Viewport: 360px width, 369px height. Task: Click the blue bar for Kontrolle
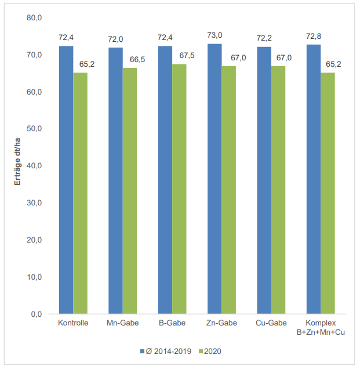click(x=66, y=180)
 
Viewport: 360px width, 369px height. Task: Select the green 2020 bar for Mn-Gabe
click(x=130, y=191)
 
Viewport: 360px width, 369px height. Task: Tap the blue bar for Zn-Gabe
click(x=214, y=179)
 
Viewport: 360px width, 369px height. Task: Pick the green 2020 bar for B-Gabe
click(x=179, y=189)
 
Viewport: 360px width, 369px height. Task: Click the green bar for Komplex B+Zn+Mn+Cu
click(x=328, y=193)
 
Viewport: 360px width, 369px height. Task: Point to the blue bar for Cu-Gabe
click(x=264, y=180)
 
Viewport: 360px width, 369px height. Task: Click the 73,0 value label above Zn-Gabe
click(x=214, y=35)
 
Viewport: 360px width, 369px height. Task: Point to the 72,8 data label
click(x=314, y=36)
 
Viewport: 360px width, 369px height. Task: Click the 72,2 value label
click(x=264, y=38)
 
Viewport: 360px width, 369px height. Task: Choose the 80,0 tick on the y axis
click(x=35, y=18)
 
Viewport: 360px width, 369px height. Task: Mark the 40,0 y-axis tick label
click(x=35, y=166)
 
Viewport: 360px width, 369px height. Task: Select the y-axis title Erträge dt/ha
click(x=17, y=165)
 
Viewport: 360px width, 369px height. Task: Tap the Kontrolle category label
click(x=73, y=323)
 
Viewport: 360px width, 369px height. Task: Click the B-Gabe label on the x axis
click(x=172, y=323)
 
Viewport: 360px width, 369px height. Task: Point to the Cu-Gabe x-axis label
click(x=271, y=323)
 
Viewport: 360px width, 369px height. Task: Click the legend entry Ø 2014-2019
click(x=168, y=351)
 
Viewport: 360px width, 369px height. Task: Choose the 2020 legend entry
click(x=213, y=351)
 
